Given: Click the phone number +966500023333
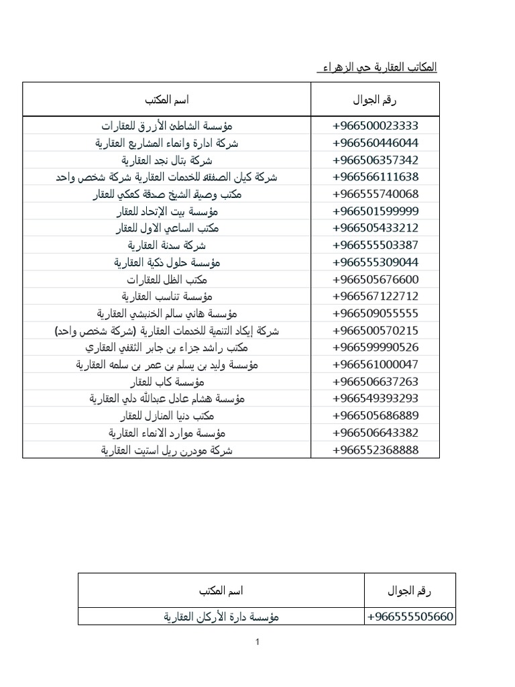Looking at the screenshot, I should pyautogui.click(x=376, y=126).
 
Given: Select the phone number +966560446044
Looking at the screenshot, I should pyautogui.click(x=376, y=143).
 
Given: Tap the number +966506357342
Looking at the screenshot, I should pyautogui.click(x=376, y=160).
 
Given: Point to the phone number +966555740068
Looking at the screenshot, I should pyautogui.click(x=376, y=195).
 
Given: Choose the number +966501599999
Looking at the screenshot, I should pyautogui.click(x=376, y=211).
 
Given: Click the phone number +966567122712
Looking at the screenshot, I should pyautogui.click(x=376, y=297).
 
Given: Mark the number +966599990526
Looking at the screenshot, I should pyautogui.click(x=376, y=348).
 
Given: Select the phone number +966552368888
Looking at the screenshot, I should pyautogui.click(x=376, y=450).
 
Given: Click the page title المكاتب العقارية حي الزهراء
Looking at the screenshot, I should pyautogui.click(x=376, y=68).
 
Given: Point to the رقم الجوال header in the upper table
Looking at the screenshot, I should pyautogui.click(x=375, y=101).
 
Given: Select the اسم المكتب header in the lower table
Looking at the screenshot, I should pyautogui.click(x=221, y=591).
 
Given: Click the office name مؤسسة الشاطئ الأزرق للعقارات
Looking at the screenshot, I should pyautogui.click(x=167, y=126).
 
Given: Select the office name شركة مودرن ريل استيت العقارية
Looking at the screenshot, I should pyautogui.click(x=167, y=450).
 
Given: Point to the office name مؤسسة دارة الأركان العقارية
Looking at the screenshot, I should pyautogui.click(x=221, y=617).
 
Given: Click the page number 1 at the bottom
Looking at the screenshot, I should pyautogui.click(x=257, y=643).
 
